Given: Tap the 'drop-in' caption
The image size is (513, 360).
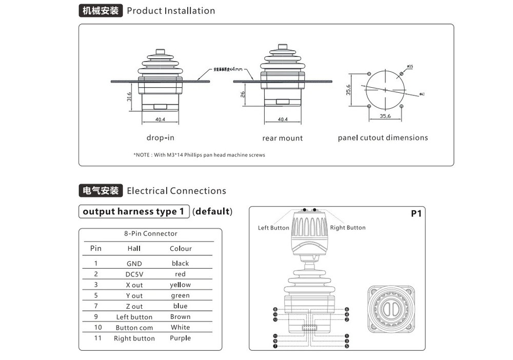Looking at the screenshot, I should tap(160, 137).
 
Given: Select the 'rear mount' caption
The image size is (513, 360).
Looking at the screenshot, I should tap(282, 138).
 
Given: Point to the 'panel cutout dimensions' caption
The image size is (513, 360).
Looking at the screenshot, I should tap(383, 137).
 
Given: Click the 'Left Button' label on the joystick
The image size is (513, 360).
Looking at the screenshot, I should tap(273, 228).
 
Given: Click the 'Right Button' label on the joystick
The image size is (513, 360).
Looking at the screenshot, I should tap(348, 228).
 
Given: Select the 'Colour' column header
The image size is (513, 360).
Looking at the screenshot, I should tap(181, 249).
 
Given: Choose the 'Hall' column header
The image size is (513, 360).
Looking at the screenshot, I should tap(134, 249).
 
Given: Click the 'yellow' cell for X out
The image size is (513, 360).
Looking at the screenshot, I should tap(180, 285).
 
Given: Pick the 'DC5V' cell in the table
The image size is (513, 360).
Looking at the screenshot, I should tap(134, 274).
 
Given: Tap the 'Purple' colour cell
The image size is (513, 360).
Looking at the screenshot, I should tap(180, 338).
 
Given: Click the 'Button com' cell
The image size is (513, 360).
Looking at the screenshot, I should tap(134, 328).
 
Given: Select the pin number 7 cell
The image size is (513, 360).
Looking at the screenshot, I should tap(95, 306).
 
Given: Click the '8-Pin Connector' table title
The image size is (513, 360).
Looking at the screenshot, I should tap(150, 234).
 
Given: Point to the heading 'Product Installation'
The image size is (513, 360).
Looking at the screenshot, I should tap(171, 11).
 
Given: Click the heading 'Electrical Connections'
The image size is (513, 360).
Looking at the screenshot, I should tap(176, 191).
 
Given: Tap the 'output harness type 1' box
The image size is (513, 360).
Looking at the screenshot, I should tap(133, 211).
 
